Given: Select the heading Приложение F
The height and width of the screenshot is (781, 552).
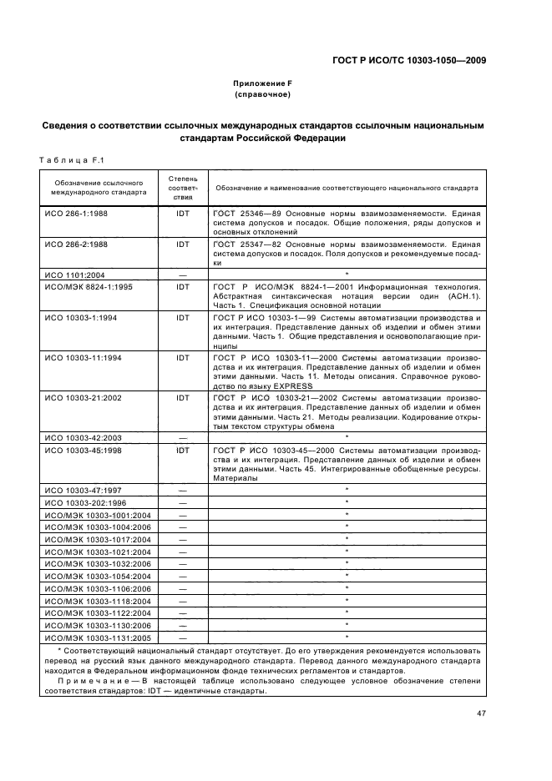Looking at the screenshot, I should tap(262, 84).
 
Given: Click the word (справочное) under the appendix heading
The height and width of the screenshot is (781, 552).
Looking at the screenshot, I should tap(262, 95).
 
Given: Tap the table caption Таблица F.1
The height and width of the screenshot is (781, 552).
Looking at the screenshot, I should tap(70, 160).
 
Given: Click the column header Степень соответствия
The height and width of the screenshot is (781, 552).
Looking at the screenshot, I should tap(183, 188).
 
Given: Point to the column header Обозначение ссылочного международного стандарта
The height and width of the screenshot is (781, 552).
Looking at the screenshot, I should tap(97, 188).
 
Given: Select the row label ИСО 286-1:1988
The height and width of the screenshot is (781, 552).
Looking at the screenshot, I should tap(78, 214).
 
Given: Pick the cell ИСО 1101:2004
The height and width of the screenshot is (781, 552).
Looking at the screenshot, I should tap(74, 275).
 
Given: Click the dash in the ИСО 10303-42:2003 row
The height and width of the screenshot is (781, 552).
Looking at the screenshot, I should tap(183, 437).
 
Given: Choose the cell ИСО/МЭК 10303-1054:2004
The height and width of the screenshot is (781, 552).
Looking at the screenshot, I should tap(96, 576).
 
